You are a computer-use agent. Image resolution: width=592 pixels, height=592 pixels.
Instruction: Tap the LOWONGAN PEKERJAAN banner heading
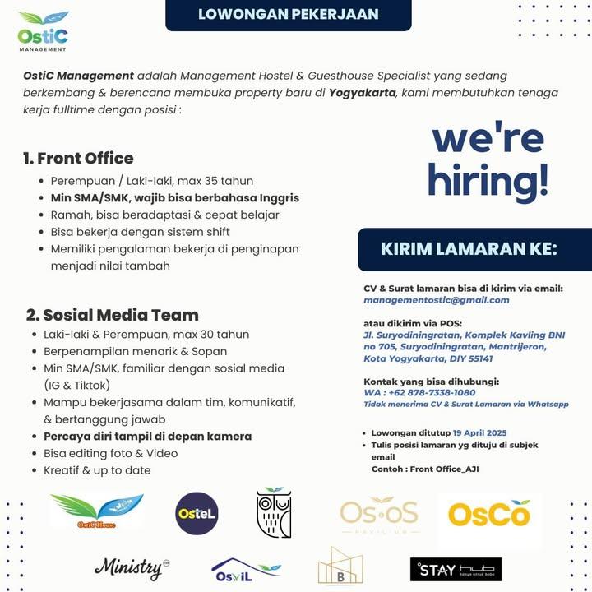[288, 15]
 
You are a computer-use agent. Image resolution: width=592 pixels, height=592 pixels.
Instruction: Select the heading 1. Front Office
[78, 158]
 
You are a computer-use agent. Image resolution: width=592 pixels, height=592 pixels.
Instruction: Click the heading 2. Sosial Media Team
[112, 314]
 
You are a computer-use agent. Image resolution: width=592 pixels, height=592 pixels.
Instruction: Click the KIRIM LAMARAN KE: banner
[469, 249]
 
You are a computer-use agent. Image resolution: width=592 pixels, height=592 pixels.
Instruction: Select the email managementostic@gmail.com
[436, 300]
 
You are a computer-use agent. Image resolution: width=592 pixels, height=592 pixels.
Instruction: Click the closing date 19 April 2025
[479, 433]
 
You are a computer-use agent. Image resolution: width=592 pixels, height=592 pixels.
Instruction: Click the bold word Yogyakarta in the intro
[362, 92]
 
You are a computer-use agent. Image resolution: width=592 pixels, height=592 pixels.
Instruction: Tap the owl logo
[274, 513]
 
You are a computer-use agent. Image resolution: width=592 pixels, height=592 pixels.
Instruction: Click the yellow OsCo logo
[488, 516]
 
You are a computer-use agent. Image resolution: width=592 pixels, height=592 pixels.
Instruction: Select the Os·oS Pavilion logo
[379, 516]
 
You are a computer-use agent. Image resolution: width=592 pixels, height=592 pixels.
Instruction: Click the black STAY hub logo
[456, 569]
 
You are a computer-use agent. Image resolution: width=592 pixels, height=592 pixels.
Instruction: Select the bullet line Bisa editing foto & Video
[110, 453]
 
